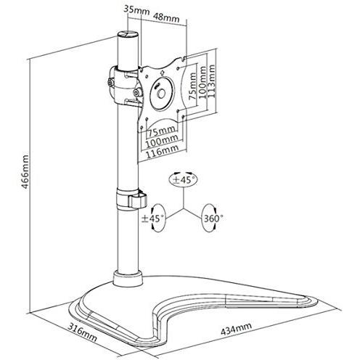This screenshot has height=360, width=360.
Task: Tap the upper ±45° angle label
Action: coord(186,179)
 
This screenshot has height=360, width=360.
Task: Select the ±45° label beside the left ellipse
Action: coord(152,216)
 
